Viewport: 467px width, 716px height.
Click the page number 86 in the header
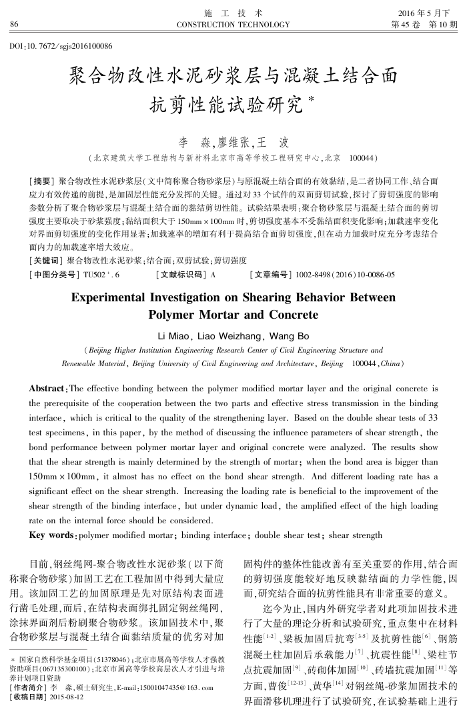[14, 25]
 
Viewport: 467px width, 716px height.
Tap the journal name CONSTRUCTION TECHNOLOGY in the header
[233, 25]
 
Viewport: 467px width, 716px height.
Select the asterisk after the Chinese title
[311, 99]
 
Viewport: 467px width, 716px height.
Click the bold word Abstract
[48, 389]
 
